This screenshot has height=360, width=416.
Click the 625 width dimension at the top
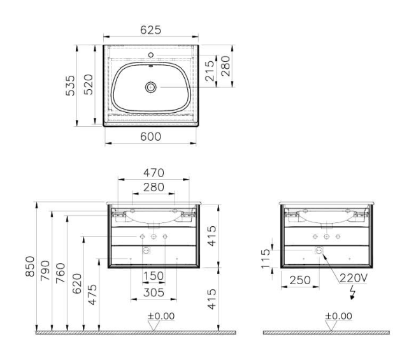click(150, 30)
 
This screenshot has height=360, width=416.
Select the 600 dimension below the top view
click(150, 137)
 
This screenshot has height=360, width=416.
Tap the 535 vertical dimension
click(71, 85)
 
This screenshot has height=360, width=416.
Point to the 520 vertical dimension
click(89, 84)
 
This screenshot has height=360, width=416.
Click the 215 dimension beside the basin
click(210, 71)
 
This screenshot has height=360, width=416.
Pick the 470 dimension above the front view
click(154, 173)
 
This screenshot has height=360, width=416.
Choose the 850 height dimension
click(30, 266)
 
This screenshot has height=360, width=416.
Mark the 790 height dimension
click(45, 271)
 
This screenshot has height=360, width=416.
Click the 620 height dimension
click(77, 284)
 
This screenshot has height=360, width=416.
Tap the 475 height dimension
click(92, 295)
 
